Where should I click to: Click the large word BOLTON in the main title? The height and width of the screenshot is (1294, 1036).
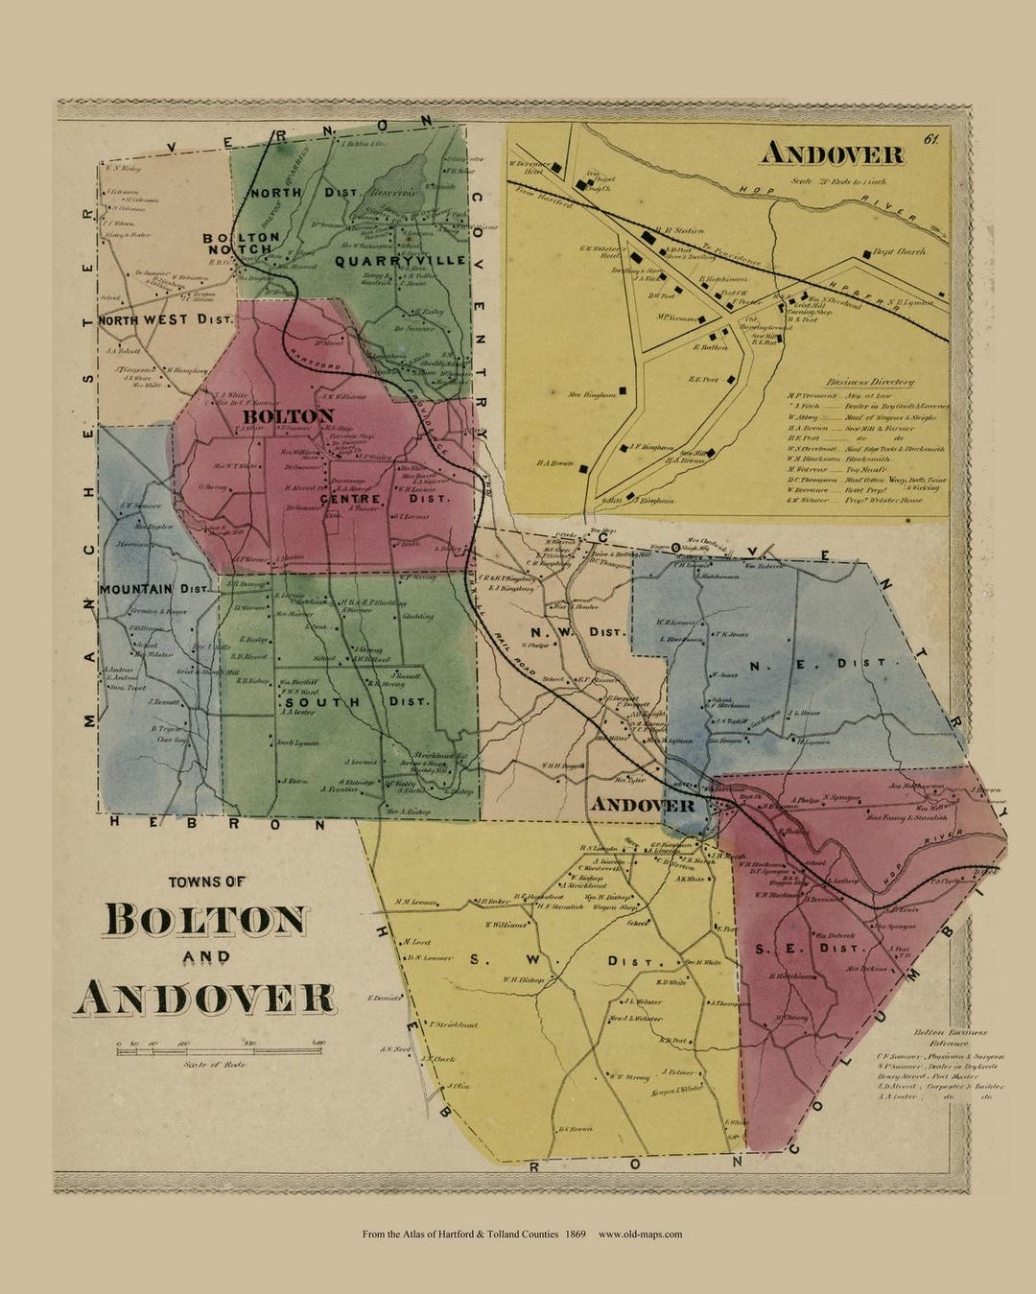[206, 919]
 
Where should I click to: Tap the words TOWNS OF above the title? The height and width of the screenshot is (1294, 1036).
[206, 882]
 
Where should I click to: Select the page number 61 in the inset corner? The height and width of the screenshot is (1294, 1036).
[930, 140]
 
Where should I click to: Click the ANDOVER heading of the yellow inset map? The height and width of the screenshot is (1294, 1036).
[832, 154]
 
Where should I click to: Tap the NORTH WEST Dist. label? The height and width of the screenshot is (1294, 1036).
[165, 319]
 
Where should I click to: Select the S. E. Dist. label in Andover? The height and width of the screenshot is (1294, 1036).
[813, 948]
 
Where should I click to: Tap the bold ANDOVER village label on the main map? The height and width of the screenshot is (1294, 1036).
[643, 804]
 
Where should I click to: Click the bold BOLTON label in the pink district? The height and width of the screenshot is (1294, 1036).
[288, 416]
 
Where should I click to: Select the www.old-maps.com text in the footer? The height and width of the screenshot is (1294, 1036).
[640, 1234]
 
